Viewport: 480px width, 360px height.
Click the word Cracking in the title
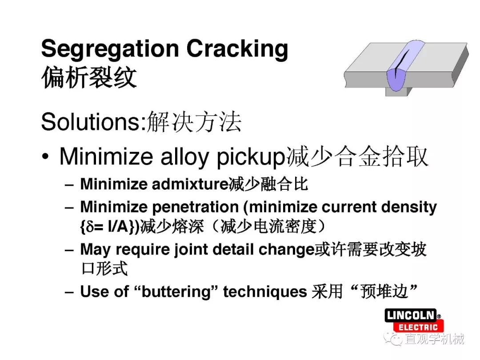coord(237,48)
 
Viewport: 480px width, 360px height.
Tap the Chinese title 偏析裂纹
coord(89,78)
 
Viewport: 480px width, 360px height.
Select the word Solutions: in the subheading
coord(94,122)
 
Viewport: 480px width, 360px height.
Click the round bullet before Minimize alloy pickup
coord(45,156)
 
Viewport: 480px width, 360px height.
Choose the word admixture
coord(190,184)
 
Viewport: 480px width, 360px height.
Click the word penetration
coord(195,208)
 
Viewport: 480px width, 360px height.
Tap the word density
coord(409,208)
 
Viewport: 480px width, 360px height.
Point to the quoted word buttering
coord(176,292)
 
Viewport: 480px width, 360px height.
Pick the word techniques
coord(265,292)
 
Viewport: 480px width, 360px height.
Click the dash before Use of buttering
coord(69,292)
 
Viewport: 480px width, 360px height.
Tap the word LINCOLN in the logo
coord(411,315)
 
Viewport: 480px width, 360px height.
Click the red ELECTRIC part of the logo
coord(418,327)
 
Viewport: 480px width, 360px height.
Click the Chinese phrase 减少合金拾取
coord(357,157)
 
